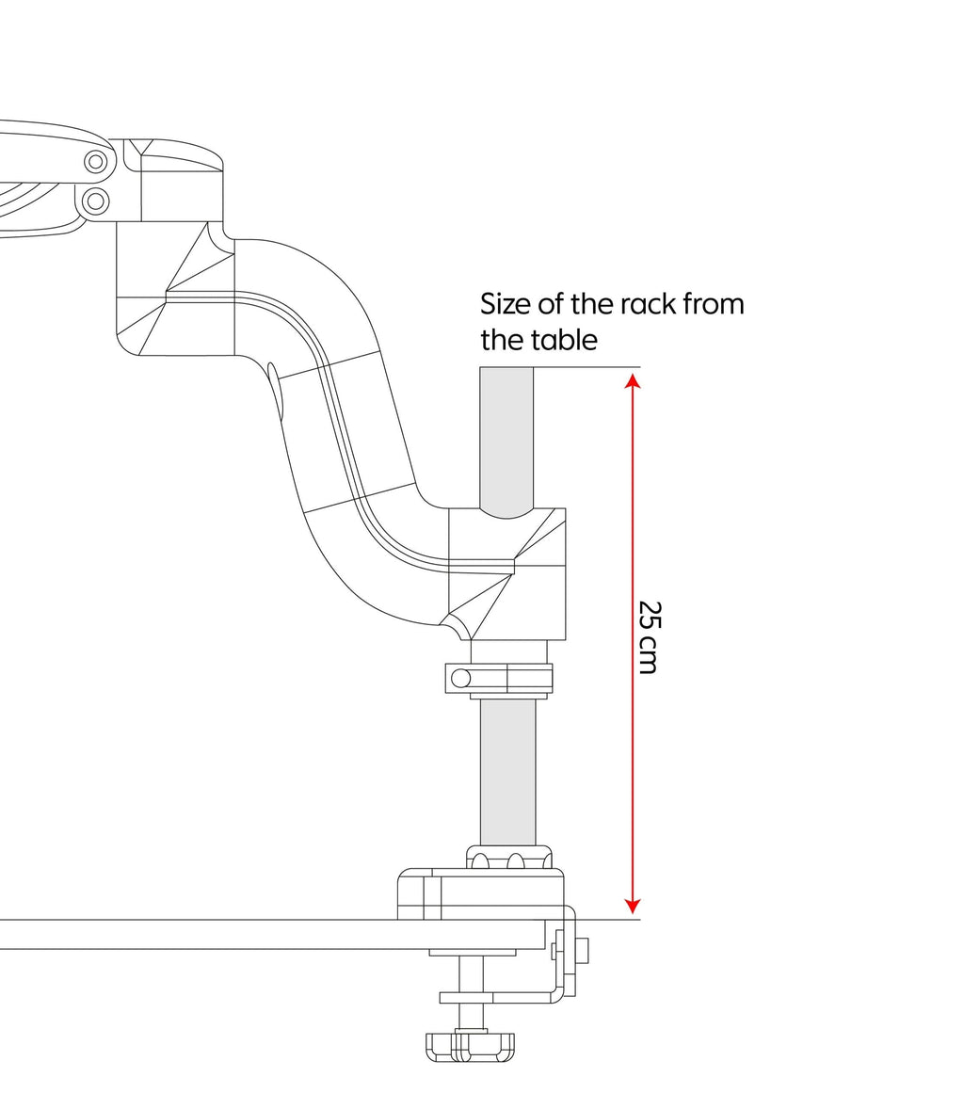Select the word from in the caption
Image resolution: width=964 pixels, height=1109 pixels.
pos(712,305)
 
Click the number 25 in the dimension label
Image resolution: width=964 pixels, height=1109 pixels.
pos(647,617)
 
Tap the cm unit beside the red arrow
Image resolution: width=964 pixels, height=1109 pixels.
pos(647,657)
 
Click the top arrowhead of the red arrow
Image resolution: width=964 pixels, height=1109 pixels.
pos(633,379)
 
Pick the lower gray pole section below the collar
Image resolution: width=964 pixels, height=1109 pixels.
pos(507,772)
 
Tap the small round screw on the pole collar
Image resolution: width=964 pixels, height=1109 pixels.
pos(461,678)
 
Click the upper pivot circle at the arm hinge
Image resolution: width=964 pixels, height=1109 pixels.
pos(95,162)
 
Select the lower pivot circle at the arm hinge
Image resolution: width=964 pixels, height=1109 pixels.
pos(95,200)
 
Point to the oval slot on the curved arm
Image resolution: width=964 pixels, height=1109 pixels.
pos(276,392)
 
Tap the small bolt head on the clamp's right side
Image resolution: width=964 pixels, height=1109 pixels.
pos(583,951)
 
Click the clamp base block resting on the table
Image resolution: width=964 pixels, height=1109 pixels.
pos(481,895)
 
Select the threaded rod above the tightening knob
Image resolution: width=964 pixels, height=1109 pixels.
pos(471,974)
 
